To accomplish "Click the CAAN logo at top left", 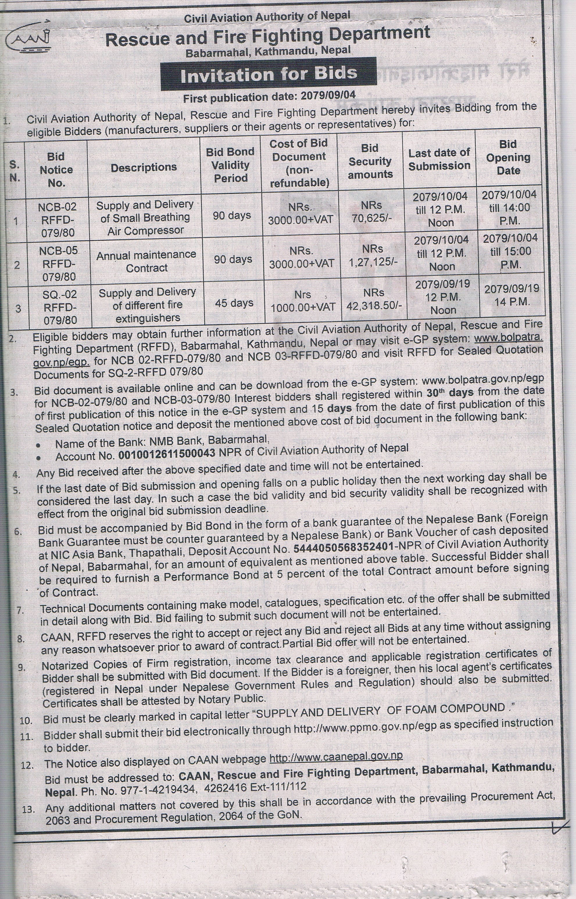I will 28,42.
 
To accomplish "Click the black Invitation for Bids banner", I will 268,74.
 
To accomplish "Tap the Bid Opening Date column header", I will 508,157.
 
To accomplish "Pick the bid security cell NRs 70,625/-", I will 371,211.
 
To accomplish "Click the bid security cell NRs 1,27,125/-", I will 373,256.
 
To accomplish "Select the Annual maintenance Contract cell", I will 146,261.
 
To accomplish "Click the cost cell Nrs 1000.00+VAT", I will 303,301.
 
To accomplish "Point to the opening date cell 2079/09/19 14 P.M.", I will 512,295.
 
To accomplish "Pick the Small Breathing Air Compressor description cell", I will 145,218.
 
